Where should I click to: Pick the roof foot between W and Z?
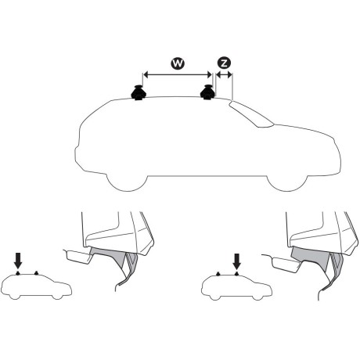point(209,93)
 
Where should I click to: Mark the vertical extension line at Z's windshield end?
point(232,86)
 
